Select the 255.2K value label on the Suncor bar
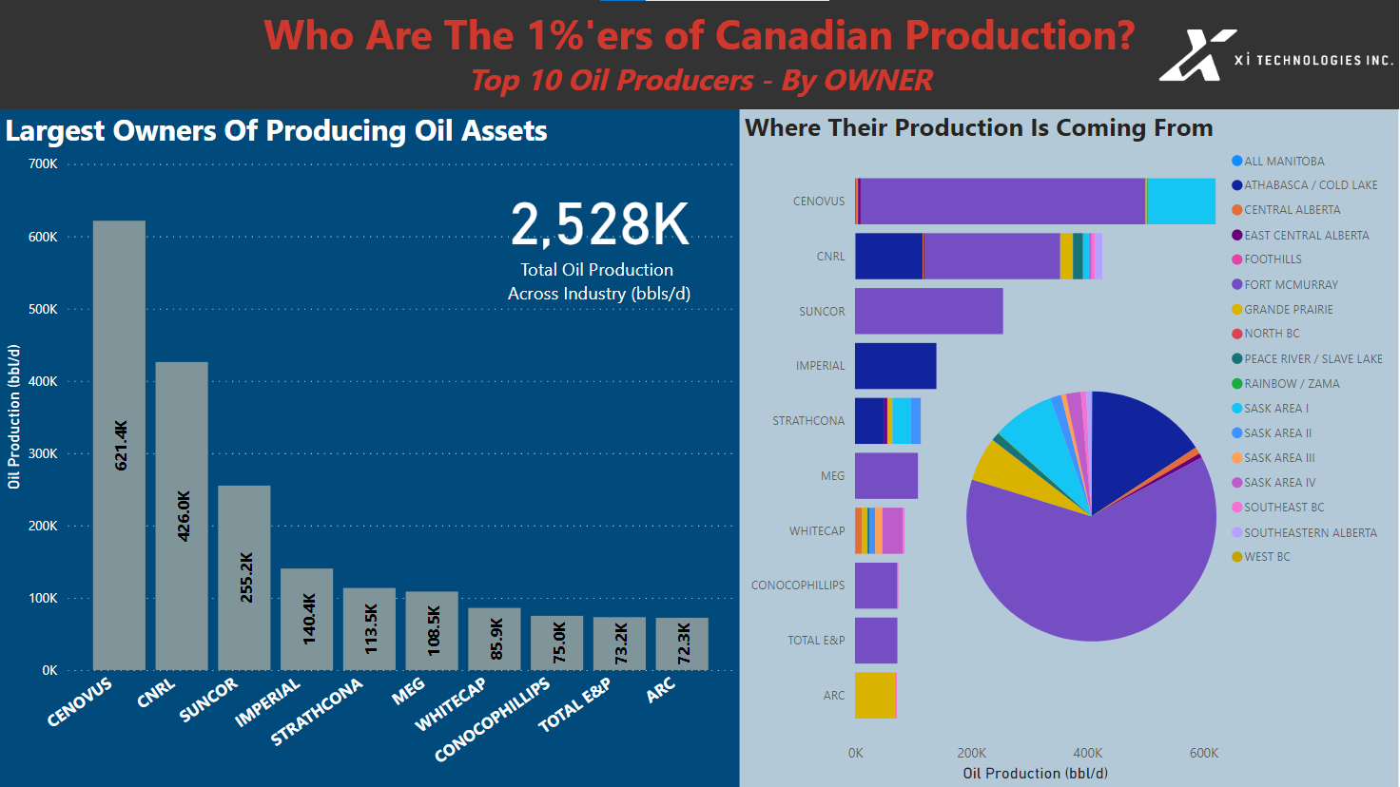(x=246, y=577)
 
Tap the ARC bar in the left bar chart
(x=682, y=643)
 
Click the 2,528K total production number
(x=599, y=225)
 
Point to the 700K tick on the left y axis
(x=43, y=164)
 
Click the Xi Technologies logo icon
(x=1194, y=55)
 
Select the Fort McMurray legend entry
(x=1290, y=284)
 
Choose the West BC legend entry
(x=1266, y=557)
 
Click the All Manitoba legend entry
(x=1283, y=162)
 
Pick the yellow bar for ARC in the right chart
(x=874, y=695)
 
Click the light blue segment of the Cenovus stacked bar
(x=1181, y=202)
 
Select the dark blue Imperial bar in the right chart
(x=895, y=366)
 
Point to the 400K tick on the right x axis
(x=1087, y=753)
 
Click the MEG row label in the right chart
(x=832, y=475)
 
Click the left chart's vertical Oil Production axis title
(x=13, y=416)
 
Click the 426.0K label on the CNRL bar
(x=185, y=516)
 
